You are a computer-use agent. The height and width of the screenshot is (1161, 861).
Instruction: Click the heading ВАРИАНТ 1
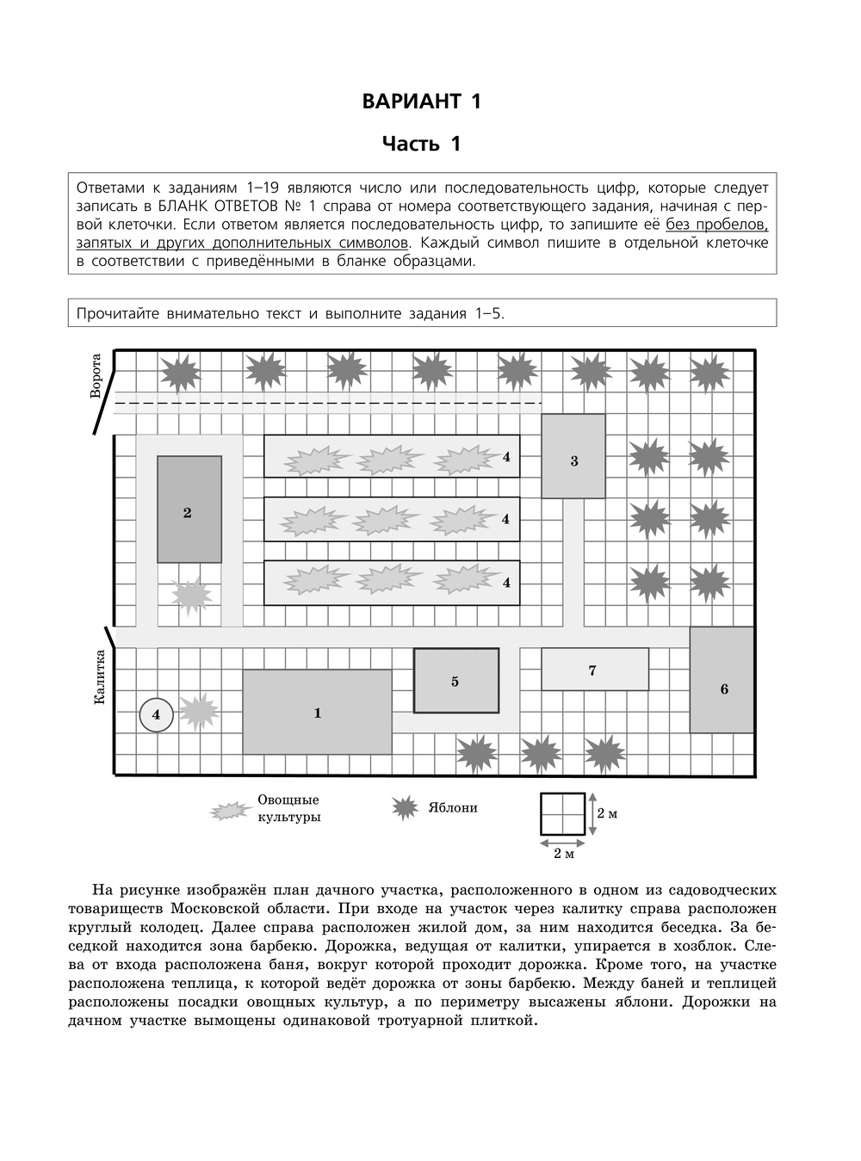[x=422, y=101]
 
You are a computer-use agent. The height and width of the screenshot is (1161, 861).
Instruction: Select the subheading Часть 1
[x=422, y=144]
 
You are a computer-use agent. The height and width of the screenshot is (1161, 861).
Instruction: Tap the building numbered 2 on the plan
[x=189, y=510]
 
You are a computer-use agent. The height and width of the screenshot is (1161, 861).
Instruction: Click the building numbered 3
[x=573, y=456]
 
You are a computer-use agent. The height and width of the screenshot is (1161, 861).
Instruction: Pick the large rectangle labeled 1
[x=317, y=712]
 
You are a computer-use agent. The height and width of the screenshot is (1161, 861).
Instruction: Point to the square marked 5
[x=455, y=681]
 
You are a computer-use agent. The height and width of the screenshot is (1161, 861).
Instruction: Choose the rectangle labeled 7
[x=594, y=670]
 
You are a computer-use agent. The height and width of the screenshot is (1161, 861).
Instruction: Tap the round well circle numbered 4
[x=156, y=714]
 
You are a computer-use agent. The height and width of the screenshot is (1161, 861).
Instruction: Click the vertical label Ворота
[x=96, y=376]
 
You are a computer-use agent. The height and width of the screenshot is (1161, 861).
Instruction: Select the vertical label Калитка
[x=99, y=678]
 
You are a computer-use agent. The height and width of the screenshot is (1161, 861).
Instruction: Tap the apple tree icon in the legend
[x=405, y=808]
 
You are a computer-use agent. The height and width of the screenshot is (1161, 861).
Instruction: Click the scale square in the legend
[x=562, y=813]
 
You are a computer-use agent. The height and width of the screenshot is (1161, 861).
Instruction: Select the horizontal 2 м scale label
[x=563, y=854]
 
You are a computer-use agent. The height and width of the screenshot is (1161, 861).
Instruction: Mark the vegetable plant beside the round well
[x=198, y=712]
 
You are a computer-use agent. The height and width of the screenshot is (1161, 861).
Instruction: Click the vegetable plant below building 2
[x=191, y=594]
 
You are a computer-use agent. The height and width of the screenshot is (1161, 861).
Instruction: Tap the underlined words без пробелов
[x=717, y=225]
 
